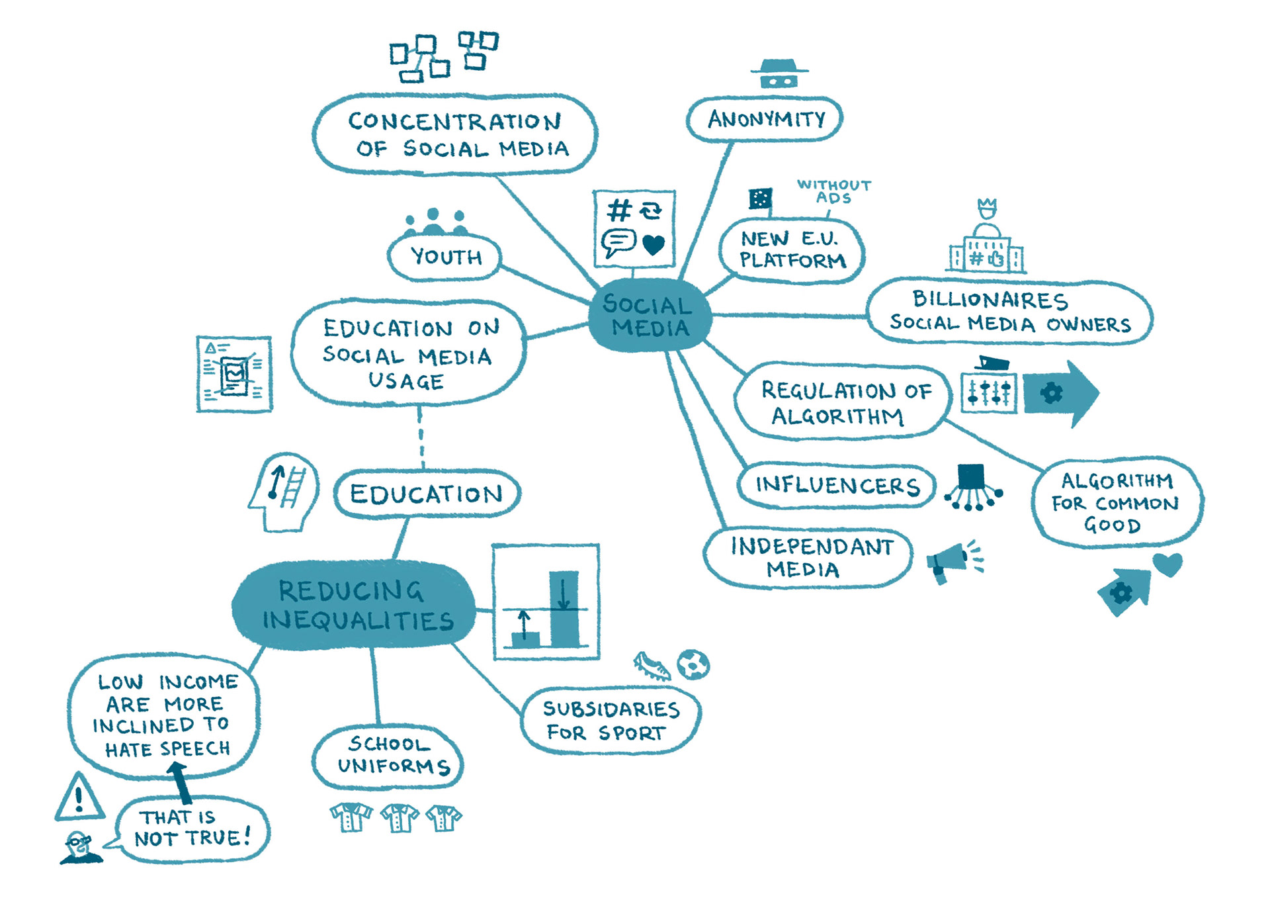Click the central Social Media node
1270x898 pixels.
tap(649, 315)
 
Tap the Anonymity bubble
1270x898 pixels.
tap(765, 119)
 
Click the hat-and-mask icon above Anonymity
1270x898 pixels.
tap(779, 74)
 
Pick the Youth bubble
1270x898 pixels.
tap(445, 257)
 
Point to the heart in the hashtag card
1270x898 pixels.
tap(654, 245)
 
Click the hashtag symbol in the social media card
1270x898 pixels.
tap(619, 210)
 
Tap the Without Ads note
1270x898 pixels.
tap(833, 191)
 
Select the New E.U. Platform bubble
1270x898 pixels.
tap(792, 250)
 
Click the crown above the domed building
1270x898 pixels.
tap(987, 208)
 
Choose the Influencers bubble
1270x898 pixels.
tap(837, 486)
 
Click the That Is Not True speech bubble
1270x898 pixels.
tap(192, 829)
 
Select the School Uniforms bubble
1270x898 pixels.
tap(389, 756)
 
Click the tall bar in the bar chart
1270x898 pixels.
tap(564, 609)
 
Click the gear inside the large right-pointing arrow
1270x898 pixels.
tap(1051, 393)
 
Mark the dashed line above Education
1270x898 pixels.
tap(421, 437)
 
